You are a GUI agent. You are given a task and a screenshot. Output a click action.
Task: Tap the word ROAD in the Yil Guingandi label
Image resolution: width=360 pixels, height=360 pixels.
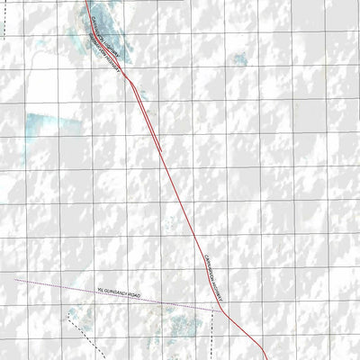[135, 295]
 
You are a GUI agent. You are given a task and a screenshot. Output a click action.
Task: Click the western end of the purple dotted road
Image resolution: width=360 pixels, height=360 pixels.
[17, 280]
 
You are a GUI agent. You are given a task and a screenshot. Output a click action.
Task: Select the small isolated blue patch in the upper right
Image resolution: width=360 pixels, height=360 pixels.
[239, 59]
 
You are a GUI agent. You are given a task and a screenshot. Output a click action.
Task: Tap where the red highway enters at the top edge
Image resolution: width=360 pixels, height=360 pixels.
[87, 2]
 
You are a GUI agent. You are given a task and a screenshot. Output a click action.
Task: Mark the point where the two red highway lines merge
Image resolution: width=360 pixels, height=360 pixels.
[132, 79]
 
